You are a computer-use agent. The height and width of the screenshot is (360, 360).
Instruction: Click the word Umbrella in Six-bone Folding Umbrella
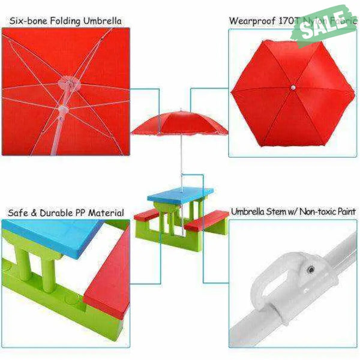tap(101, 21)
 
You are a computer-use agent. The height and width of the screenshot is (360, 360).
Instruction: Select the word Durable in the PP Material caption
tap(58, 213)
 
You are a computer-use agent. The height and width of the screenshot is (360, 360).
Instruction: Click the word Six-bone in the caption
tap(27, 21)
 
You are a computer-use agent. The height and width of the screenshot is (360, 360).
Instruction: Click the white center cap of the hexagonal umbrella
tap(291, 88)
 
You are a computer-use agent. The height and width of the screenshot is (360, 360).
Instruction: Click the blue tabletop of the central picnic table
tap(180, 194)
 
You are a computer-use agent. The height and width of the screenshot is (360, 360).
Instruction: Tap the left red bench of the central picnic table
tap(147, 214)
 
